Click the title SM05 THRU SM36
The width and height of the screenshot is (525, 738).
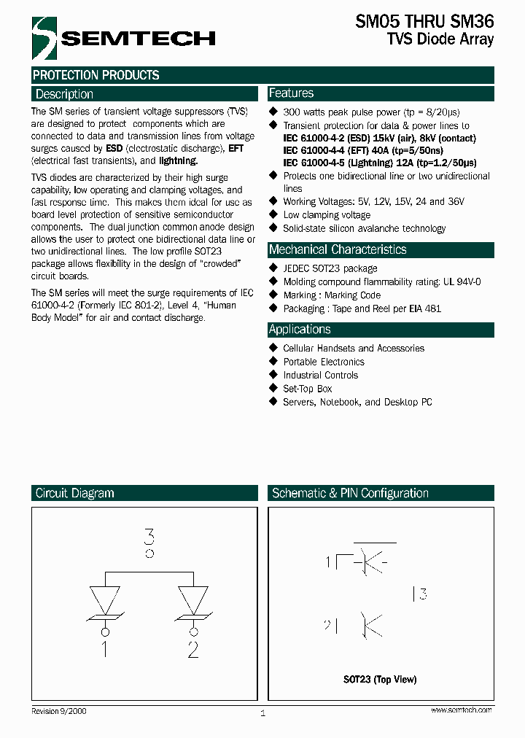[424, 22]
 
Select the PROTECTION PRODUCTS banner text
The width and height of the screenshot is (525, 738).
[96, 75]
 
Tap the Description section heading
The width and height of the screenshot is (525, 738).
[64, 94]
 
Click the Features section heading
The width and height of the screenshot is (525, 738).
[291, 93]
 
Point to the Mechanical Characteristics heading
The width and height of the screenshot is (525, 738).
[338, 249]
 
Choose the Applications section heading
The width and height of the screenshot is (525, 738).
[300, 329]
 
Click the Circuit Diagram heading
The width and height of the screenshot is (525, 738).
[74, 493]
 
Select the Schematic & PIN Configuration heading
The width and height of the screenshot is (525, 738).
[350, 493]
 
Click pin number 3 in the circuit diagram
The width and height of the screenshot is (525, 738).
[149, 539]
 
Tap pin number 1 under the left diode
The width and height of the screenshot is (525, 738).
[104, 648]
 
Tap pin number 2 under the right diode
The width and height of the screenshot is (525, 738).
[192, 648]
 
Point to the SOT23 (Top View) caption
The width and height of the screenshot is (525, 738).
[380, 679]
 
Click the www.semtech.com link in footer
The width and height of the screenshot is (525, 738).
[461, 710]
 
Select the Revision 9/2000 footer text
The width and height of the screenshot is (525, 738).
[59, 710]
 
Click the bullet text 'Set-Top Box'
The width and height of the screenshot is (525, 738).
[308, 389]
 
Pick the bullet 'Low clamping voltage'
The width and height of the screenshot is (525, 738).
[327, 215]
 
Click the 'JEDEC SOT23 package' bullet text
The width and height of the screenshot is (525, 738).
[330, 268]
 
